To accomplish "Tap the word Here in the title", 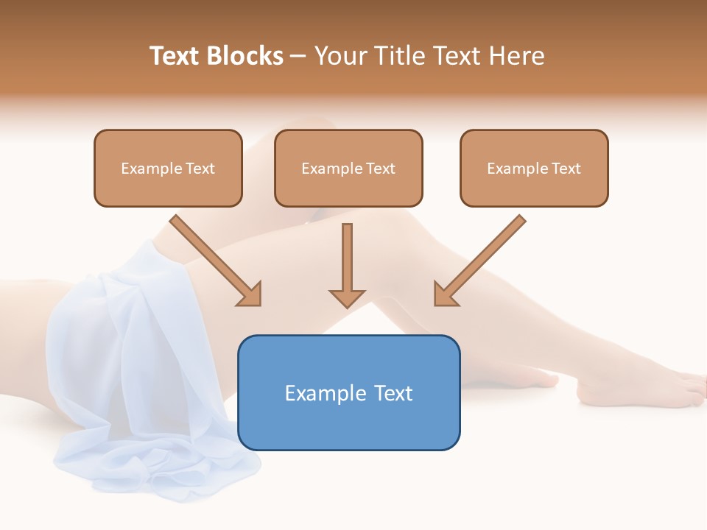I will [517, 56].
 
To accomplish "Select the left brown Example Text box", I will [168, 168].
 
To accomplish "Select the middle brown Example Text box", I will [348, 168].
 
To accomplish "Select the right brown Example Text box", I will [534, 168].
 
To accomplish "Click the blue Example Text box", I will [348, 392].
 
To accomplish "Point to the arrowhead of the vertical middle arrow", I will [347, 298].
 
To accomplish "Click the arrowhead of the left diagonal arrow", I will [250, 294].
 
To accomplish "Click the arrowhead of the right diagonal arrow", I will [444, 294].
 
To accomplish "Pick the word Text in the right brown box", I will [566, 169].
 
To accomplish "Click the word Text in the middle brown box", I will [381, 169].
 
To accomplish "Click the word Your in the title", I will [337, 56].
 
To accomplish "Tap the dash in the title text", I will [298, 57].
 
